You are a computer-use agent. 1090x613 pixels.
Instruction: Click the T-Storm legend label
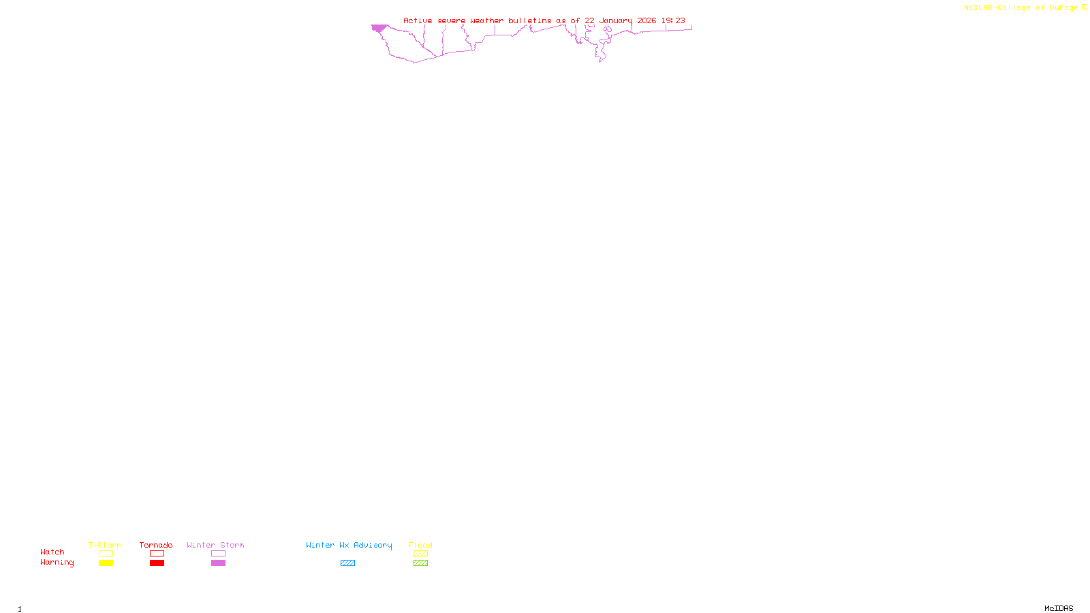coord(105,545)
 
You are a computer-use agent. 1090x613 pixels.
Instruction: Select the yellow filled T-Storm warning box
coord(106,563)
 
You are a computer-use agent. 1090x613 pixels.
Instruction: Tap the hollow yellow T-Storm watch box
coord(106,554)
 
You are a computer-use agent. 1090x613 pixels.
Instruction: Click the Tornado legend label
coord(156,545)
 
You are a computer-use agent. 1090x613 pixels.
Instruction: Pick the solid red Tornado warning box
coord(157,563)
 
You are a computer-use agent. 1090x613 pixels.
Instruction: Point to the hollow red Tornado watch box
coord(157,554)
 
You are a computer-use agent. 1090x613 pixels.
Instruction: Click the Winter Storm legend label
coord(215,545)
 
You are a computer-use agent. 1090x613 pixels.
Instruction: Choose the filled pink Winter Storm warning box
coord(218,563)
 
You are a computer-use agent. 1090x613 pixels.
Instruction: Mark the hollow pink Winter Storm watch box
coord(218,554)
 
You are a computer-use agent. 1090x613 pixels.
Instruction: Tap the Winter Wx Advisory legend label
coord(349,545)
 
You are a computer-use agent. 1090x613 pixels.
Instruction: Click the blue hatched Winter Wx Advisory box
coord(347,563)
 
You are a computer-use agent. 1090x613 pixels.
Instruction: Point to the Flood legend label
coord(420,545)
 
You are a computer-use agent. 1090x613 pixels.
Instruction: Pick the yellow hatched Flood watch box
coord(420,554)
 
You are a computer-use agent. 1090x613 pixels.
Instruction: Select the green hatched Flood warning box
coord(420,563)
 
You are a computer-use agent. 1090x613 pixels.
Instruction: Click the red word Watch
coord(52,552)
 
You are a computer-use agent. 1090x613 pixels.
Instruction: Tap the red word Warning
coord(57,563)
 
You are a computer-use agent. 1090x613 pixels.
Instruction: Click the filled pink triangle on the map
coord(379,28)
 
